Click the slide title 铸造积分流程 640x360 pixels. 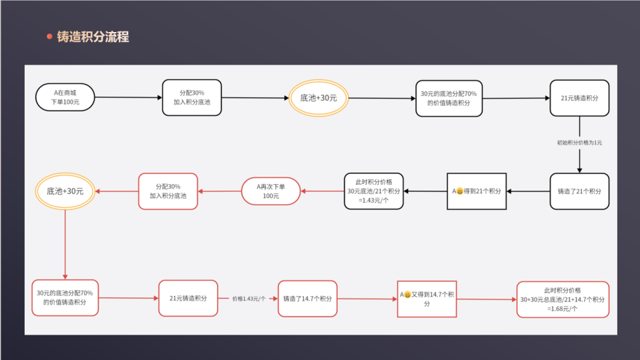pos(93,37)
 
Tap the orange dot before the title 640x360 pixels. pos(49,37)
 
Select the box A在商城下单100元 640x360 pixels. pos(65,97)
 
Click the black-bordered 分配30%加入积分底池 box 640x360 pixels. pos(192,98)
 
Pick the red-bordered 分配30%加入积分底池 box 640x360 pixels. pos(168,191)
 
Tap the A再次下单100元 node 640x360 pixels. pos(271,191)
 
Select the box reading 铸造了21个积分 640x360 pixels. pos(579,191)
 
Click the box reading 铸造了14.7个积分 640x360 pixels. pos(308,299)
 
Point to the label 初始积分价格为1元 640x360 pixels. pos(579,143)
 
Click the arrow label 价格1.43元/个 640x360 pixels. pos(249,299)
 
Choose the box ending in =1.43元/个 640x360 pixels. pos(374,191)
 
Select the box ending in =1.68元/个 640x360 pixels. pos(563,299)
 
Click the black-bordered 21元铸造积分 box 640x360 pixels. pos(579,98)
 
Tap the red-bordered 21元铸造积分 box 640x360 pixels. pos(189,298)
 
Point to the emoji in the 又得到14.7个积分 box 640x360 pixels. pos(407,295)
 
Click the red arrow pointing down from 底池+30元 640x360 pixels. pos(65,243)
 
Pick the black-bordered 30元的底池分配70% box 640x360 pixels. pos(448,98)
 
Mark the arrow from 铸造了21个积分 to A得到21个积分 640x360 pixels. pos(528,191)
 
